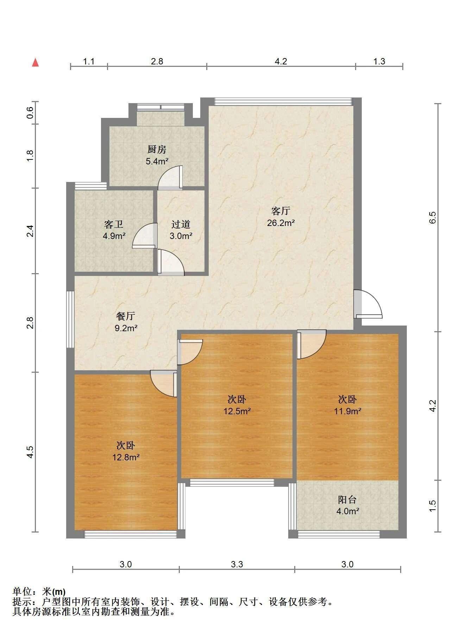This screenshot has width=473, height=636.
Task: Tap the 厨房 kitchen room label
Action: (x=157, y=150)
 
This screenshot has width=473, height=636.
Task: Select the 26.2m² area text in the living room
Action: (x=281, y=223)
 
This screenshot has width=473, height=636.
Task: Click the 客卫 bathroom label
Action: (x=114, y=224)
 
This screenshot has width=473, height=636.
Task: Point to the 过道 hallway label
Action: (x=181, y=224)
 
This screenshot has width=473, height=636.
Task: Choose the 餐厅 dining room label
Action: (x=126, y=316)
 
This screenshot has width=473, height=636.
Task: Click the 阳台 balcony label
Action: (x=347, y=499)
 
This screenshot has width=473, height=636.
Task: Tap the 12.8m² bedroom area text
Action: (x=126, y=457)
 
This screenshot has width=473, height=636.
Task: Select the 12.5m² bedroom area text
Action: (x=237, y=411)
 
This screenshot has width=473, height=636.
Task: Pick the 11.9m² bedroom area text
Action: (x=348, y=411)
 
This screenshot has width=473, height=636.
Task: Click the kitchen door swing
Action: (x=170, y=178)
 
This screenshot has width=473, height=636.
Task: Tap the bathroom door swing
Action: (x=145, y=236)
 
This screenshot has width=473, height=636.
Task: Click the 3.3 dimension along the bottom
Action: (x=237, y=564)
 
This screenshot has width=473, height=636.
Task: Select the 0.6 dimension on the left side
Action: (x=30, y=112)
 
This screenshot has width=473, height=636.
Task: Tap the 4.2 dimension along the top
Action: (x=281, y=61)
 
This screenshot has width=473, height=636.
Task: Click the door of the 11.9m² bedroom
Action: (x=311, y=344)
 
